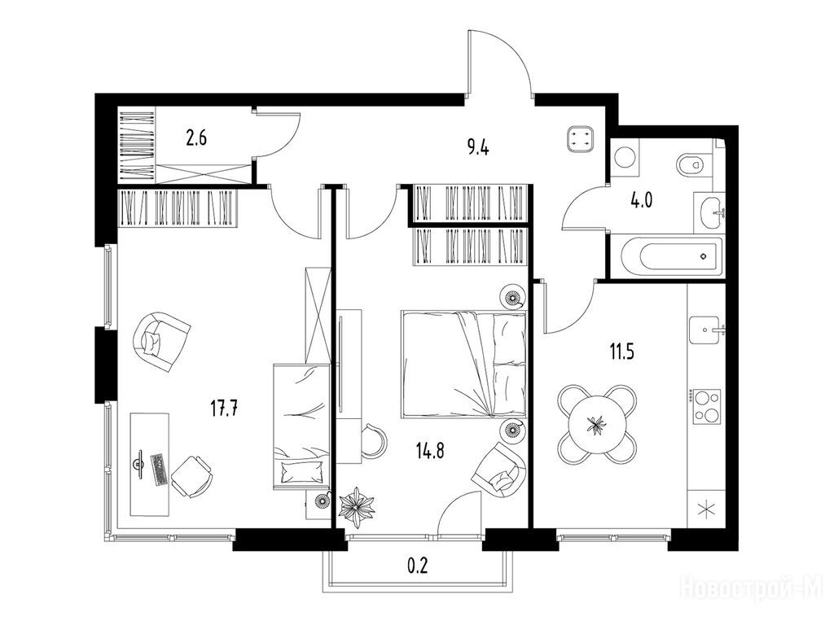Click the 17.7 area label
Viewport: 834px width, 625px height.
coord(224,409)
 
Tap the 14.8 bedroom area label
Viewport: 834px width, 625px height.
coord(430,451)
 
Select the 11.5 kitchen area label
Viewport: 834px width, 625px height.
coord(621,352)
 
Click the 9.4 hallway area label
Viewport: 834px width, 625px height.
coord(477,147)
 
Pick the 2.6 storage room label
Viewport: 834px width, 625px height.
coord(195,138)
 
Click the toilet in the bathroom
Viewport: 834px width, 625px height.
coord(693,164)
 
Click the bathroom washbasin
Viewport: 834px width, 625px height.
coord(710,213)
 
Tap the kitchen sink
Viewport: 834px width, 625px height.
coord(706,330)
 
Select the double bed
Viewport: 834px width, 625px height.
coord(463,365)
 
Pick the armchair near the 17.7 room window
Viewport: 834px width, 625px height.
coord(161,341)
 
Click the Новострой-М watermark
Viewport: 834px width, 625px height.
coord(752,588)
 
